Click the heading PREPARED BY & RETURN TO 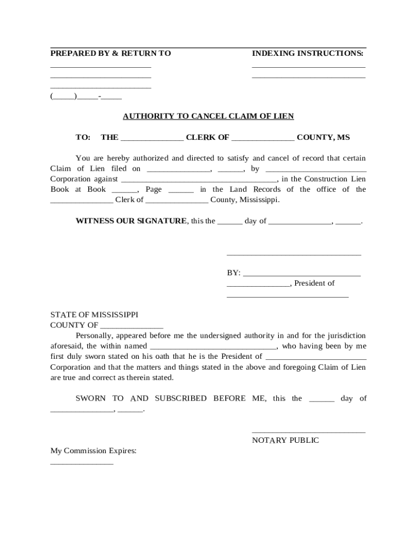click(x=110, y=53)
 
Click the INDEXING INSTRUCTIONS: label click(x=308, y=53)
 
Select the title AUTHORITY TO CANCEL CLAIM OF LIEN click(x=208, y=116)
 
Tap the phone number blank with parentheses click(x=86, y=97)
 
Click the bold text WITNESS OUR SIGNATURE click(x=131, y=221)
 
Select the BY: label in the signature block click(x=233, y=273)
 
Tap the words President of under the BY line click(x=315, y=283)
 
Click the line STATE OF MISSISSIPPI click(x=94, y=314)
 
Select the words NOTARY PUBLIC click(x=285, y=440)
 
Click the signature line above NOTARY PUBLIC click(x=308, y=432)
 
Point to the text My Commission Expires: click(x=93, y=450)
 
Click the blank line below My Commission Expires click(x=82, y=463)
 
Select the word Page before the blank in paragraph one click(x=153, y=189)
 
